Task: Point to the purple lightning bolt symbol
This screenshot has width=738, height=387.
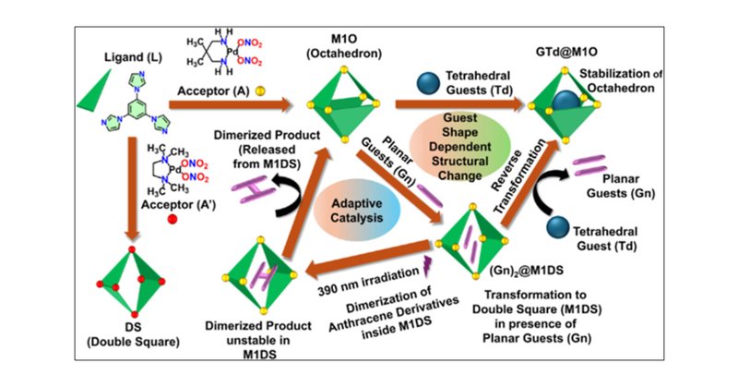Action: (x=427, y=269)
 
